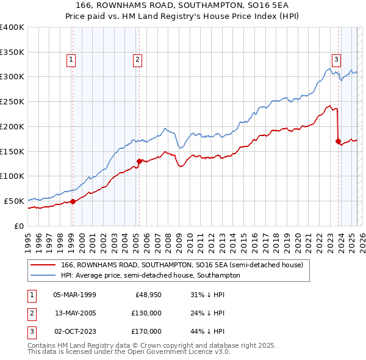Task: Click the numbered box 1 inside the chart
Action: point(72,60)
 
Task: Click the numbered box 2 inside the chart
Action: point(138,60)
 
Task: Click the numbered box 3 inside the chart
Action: point(336,60)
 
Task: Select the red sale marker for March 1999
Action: point(73,201)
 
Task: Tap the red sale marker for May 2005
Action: point(139,161)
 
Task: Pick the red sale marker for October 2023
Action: point(338,141)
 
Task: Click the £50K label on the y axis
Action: point(14,201)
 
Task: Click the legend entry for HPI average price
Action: point(150,276)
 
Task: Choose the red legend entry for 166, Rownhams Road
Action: point(177,265)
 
